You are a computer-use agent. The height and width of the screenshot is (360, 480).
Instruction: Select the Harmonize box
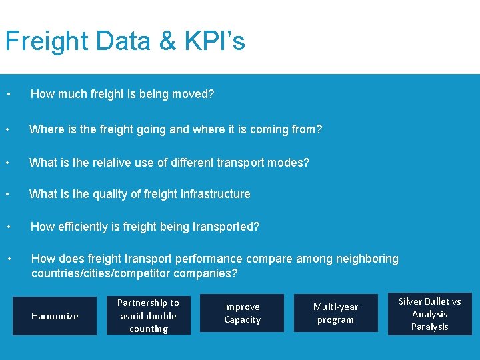click(x=55, y=316)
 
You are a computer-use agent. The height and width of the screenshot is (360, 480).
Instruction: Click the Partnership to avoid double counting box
click(x=148, y=316)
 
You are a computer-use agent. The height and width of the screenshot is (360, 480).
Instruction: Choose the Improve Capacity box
click(x=242, y=313)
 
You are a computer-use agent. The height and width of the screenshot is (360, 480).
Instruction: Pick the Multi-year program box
click(x=335, y=313)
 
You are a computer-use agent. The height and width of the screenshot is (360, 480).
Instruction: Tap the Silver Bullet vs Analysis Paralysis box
click(x=429, y=314)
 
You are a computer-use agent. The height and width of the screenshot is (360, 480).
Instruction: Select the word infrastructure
click(x=214, y=194)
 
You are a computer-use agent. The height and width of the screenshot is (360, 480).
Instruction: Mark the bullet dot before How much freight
click(x=8, y=95)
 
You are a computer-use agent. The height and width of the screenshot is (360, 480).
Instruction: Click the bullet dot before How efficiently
click(x=8, y=227)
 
